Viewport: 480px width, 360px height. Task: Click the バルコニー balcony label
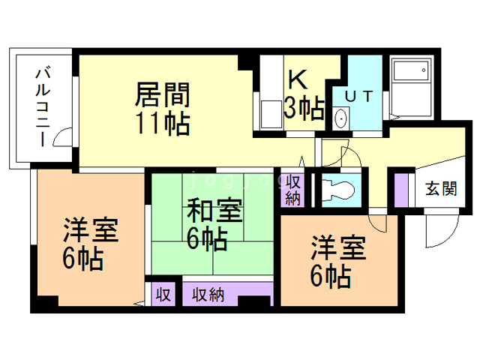pyautogui.click(x=44, y=106)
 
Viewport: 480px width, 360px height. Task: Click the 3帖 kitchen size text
pyautogui.click(x=304, y=109)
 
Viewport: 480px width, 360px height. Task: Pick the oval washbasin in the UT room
pyautogui.click(x=341, y=118)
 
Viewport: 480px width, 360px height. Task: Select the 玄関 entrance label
pyautogui.click(x=442, y=188)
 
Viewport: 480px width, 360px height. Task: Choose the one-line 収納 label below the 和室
pyautogui.click(x=208, y=295)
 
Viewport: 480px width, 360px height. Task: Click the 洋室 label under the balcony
pyautogui.click(x=90, y=230)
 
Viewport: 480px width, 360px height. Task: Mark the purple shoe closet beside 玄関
pyautogui.click(x=401, y=190)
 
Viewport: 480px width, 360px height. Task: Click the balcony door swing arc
pyautogui.click(x=67, y=136)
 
